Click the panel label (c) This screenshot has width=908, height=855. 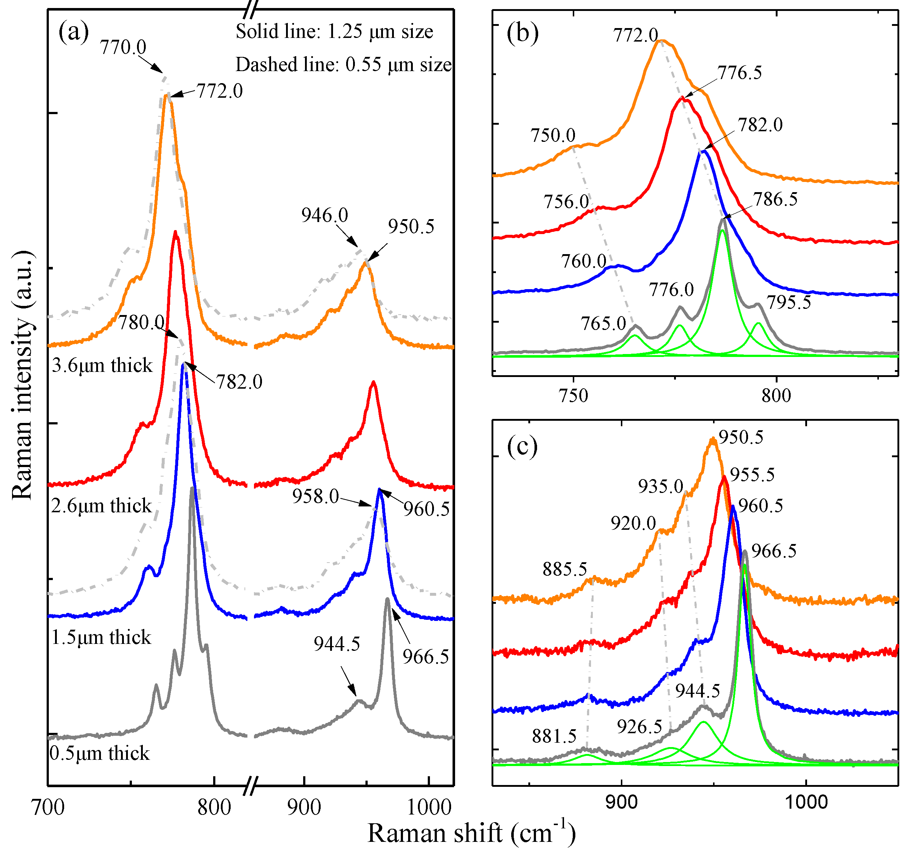coord(522,446)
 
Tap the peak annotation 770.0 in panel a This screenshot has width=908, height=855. coord(123,47)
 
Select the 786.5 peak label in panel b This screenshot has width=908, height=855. coord(775,199)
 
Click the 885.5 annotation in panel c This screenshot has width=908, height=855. coord(564,570)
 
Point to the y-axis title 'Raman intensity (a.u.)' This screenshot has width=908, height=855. coord(23,375)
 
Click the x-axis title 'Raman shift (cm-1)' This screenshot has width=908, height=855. coord(471,833)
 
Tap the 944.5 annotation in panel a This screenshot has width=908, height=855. coord(337,644)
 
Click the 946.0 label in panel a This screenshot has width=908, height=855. coord(324,215)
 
